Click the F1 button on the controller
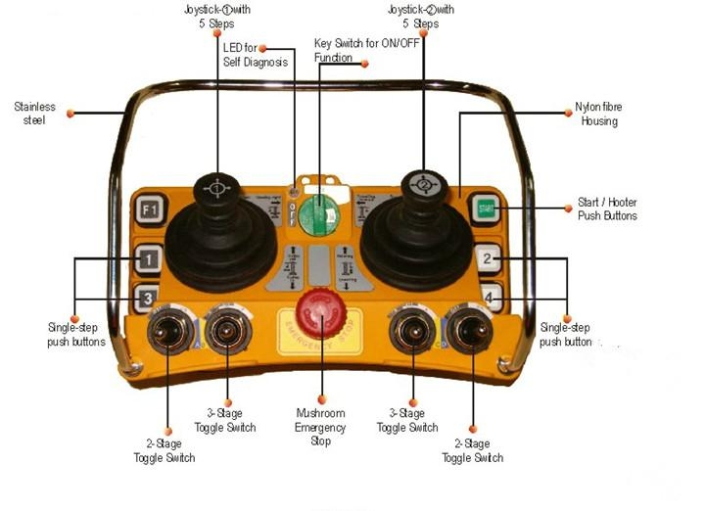148,210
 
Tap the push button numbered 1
147,259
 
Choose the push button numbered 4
489,294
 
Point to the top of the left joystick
213,187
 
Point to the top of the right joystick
425,183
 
